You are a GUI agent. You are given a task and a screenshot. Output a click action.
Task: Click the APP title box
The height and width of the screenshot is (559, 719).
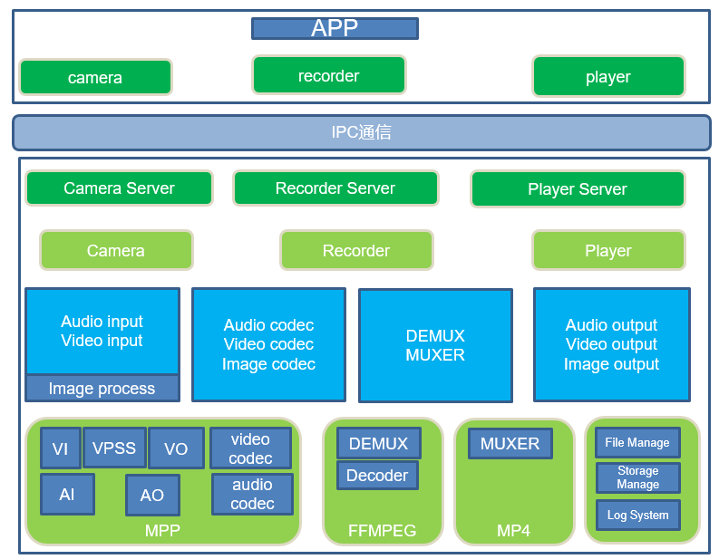point(335,28)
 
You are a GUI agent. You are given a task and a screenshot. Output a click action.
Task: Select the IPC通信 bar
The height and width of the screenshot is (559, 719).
point(361,132)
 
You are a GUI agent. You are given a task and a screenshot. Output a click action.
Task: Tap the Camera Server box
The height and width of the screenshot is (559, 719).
point(119,188)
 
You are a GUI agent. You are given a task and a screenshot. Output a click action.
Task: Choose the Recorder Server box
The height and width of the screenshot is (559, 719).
point(335,188)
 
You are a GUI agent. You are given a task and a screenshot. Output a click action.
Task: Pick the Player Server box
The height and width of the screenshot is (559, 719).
point(578,189)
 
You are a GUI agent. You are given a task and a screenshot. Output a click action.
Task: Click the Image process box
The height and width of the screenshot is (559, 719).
point(102,389)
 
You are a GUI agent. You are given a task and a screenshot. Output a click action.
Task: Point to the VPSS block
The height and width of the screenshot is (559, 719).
point(114,448)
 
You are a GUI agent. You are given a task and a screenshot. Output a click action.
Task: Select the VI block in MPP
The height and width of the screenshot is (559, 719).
point(61,448)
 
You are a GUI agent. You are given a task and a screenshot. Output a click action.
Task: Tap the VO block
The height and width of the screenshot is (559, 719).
point(176,448)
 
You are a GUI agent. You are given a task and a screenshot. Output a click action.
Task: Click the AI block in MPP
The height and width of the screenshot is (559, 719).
point(67,495)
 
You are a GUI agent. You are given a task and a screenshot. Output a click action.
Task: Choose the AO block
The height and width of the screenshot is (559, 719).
point(152,495)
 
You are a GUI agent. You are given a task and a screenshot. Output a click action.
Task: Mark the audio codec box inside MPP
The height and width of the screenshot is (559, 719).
point(252,494)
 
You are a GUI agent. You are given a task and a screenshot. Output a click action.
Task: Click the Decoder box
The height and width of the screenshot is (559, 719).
point(377,476)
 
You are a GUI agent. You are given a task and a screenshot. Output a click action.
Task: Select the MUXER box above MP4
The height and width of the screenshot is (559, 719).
point(510,444)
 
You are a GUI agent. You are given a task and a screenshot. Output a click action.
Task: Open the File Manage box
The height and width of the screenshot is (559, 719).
point(637,443)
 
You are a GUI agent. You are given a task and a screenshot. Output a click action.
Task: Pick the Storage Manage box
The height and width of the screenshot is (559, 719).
point(637,477)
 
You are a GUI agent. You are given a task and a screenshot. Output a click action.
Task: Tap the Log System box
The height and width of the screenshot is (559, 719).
point(637,515)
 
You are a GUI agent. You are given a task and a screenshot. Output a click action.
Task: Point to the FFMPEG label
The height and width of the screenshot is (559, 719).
point(382,531)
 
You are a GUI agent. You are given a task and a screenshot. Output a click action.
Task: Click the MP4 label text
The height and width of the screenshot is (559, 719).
point(513,531)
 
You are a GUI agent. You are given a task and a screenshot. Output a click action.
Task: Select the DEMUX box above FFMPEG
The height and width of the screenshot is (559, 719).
point(379,444)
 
